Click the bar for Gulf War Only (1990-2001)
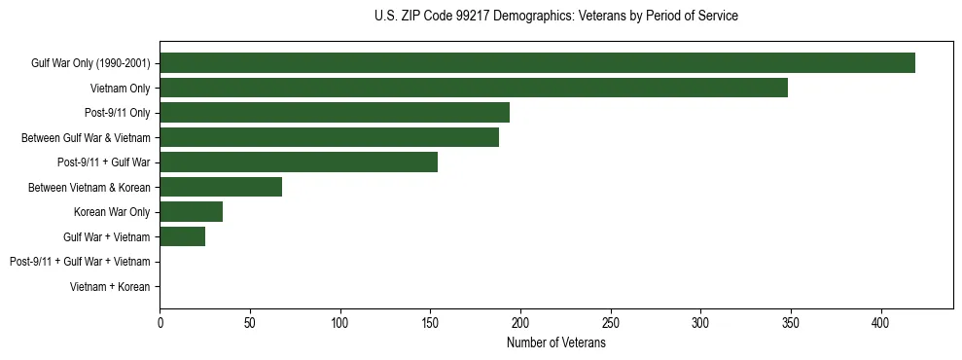click(x=537, y=63)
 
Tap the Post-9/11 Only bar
click(x=335, y=113)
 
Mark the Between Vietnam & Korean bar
click(x=221, y=187)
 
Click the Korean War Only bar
click(x=192, y=212)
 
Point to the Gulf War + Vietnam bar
click(x=183, y=236)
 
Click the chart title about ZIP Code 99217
click(x=555, y=17)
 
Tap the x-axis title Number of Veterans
click(x=555, y=343)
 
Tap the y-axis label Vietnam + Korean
click(x=110, y=287)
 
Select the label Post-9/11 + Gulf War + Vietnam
click(x=80, y=262)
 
